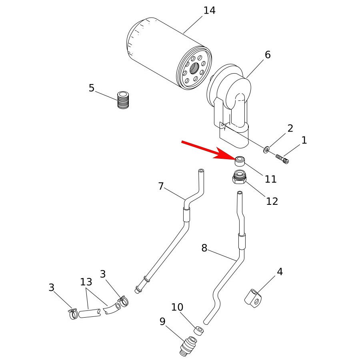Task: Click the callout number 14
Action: (x=209, y=10)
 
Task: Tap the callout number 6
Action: (x=268, y=54)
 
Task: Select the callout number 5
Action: (x=92, y=88)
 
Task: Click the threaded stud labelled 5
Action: (x=123, y=100)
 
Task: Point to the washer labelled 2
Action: (x=266, y=150)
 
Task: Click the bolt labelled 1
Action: (x=282, y=159)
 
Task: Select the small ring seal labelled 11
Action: (x=240, y=161)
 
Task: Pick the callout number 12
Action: (x=272, y=201)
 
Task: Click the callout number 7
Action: (x=161, y=186)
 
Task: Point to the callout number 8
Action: (x=204, y=248)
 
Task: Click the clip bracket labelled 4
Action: (x=253, y=298)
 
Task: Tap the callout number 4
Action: (x=280, y=272)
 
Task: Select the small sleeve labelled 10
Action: (x=199, y=330)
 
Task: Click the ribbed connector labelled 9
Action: (x=188, y=346)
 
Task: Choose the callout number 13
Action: (x=86, y=282)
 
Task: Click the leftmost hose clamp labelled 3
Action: (x=73, y=313)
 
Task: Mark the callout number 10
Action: (x=177, y=307)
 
